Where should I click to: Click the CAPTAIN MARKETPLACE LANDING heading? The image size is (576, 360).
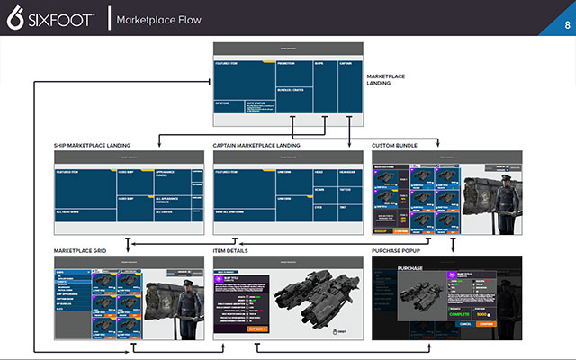coord(256,146)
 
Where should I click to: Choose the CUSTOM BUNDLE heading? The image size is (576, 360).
coord(399,146)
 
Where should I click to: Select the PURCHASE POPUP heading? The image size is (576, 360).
coord(401,249)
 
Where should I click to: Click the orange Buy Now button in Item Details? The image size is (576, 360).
coord(257,328)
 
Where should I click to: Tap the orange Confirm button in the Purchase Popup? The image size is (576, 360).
coord(488,322)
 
